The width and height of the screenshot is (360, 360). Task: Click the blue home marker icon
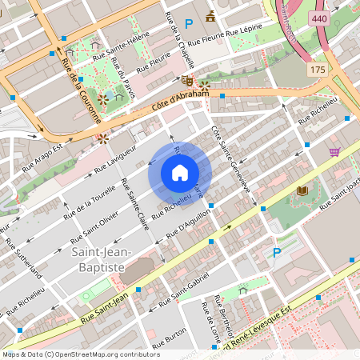click(180, 173)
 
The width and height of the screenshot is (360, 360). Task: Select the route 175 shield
click(318, 70)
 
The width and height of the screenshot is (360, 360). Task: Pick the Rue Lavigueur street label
click(115, 158)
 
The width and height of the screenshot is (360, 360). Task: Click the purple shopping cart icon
click(334, 151)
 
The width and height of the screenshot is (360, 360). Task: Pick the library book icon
click(302, 190)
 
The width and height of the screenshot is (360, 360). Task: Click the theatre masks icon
click(186, 81)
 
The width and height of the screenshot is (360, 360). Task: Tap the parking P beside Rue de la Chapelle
click(189, 24)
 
